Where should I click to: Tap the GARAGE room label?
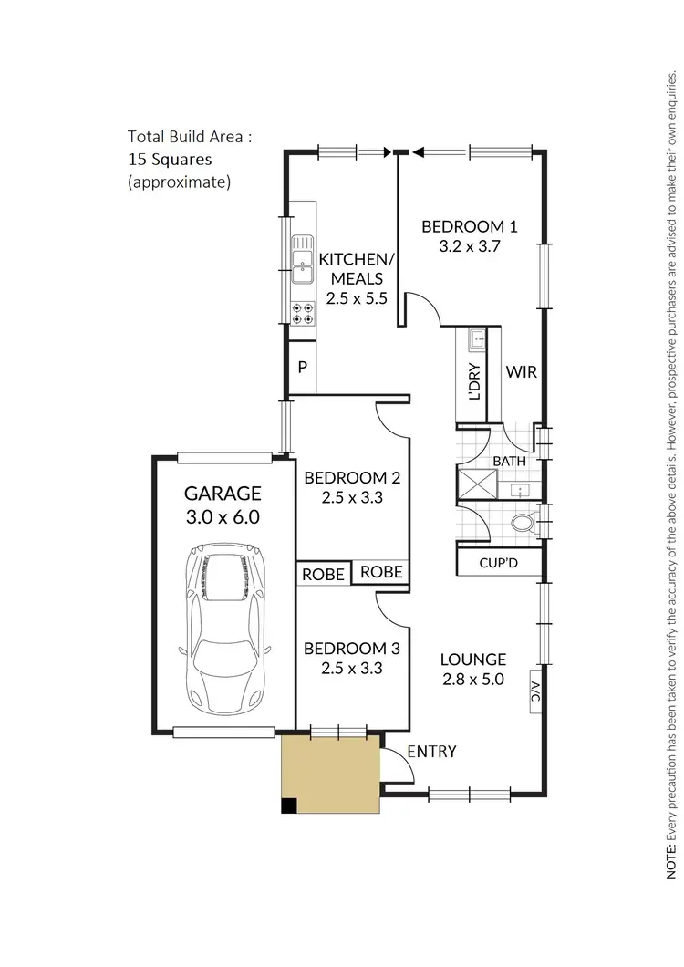point(223,494)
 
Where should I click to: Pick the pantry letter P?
point(302,368)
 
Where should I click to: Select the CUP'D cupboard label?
point(498,563)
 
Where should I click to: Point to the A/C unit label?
point(534,691)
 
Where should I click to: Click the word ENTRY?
point(431,751)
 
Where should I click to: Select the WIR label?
point(520,372)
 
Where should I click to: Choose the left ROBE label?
point(323,574)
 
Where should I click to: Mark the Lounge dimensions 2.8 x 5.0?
point(472,679)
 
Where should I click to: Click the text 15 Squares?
point(170,159)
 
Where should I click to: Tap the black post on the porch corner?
point(288,806)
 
